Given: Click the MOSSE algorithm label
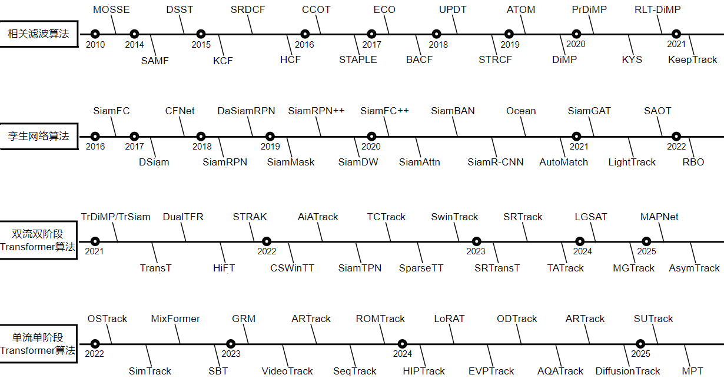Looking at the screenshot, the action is point(111,9).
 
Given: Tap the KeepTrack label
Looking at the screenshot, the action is point(693,60).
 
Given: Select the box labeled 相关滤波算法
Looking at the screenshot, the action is point(39,34).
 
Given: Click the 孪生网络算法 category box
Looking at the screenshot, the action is point(39,136).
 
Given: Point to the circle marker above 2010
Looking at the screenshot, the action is point(95,34).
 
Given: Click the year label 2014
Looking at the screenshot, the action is point(134,45).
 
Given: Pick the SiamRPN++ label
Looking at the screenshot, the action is point(316,111).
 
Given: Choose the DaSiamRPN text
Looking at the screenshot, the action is point(246,111).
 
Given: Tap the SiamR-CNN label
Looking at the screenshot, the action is point(496,162).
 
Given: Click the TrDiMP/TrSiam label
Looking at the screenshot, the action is point(116,217).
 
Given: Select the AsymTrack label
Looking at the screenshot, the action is point(694,268).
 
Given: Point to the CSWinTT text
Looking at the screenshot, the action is point(292,268).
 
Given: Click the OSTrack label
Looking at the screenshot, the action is point(107,319).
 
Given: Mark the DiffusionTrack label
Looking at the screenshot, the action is point(627,371).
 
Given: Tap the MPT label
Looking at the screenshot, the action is point(692,371).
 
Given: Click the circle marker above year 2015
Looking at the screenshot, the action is point(201,34).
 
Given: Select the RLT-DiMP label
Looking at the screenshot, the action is point(657,9).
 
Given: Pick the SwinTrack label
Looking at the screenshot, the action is point(454,217).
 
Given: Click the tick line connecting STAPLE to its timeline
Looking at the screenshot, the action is point(357,45).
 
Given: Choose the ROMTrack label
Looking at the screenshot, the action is point(380,319).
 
